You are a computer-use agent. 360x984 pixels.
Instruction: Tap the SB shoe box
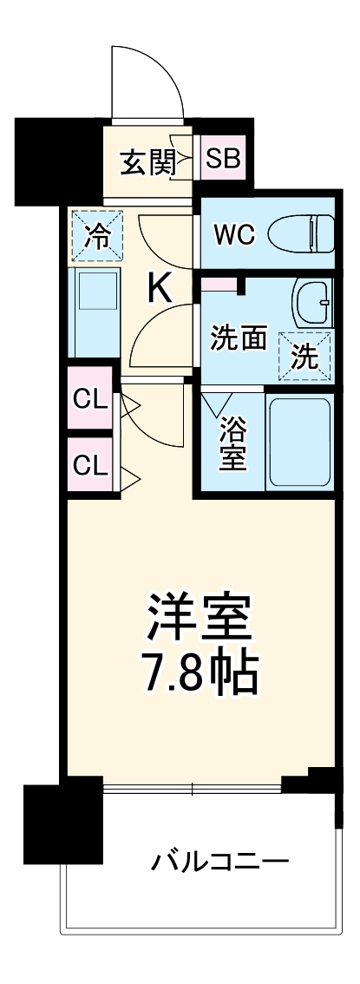(x=223, y=160)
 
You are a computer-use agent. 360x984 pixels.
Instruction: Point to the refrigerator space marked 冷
(x=97, y=237)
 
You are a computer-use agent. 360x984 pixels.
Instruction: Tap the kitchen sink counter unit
(x=96, y=311)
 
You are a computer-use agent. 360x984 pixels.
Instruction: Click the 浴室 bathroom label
(x=232, y=443)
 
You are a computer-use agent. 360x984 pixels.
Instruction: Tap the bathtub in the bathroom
(x=300, y=442)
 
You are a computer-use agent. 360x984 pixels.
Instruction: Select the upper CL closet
(x=90, y=400)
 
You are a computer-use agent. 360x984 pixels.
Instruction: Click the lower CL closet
(x=90, y=465)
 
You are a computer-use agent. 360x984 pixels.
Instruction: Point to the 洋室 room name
(x=199, y=618)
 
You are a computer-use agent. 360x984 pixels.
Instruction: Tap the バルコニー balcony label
(x=220, y=862)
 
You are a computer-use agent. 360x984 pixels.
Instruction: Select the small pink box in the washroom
(x=219, y=284)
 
